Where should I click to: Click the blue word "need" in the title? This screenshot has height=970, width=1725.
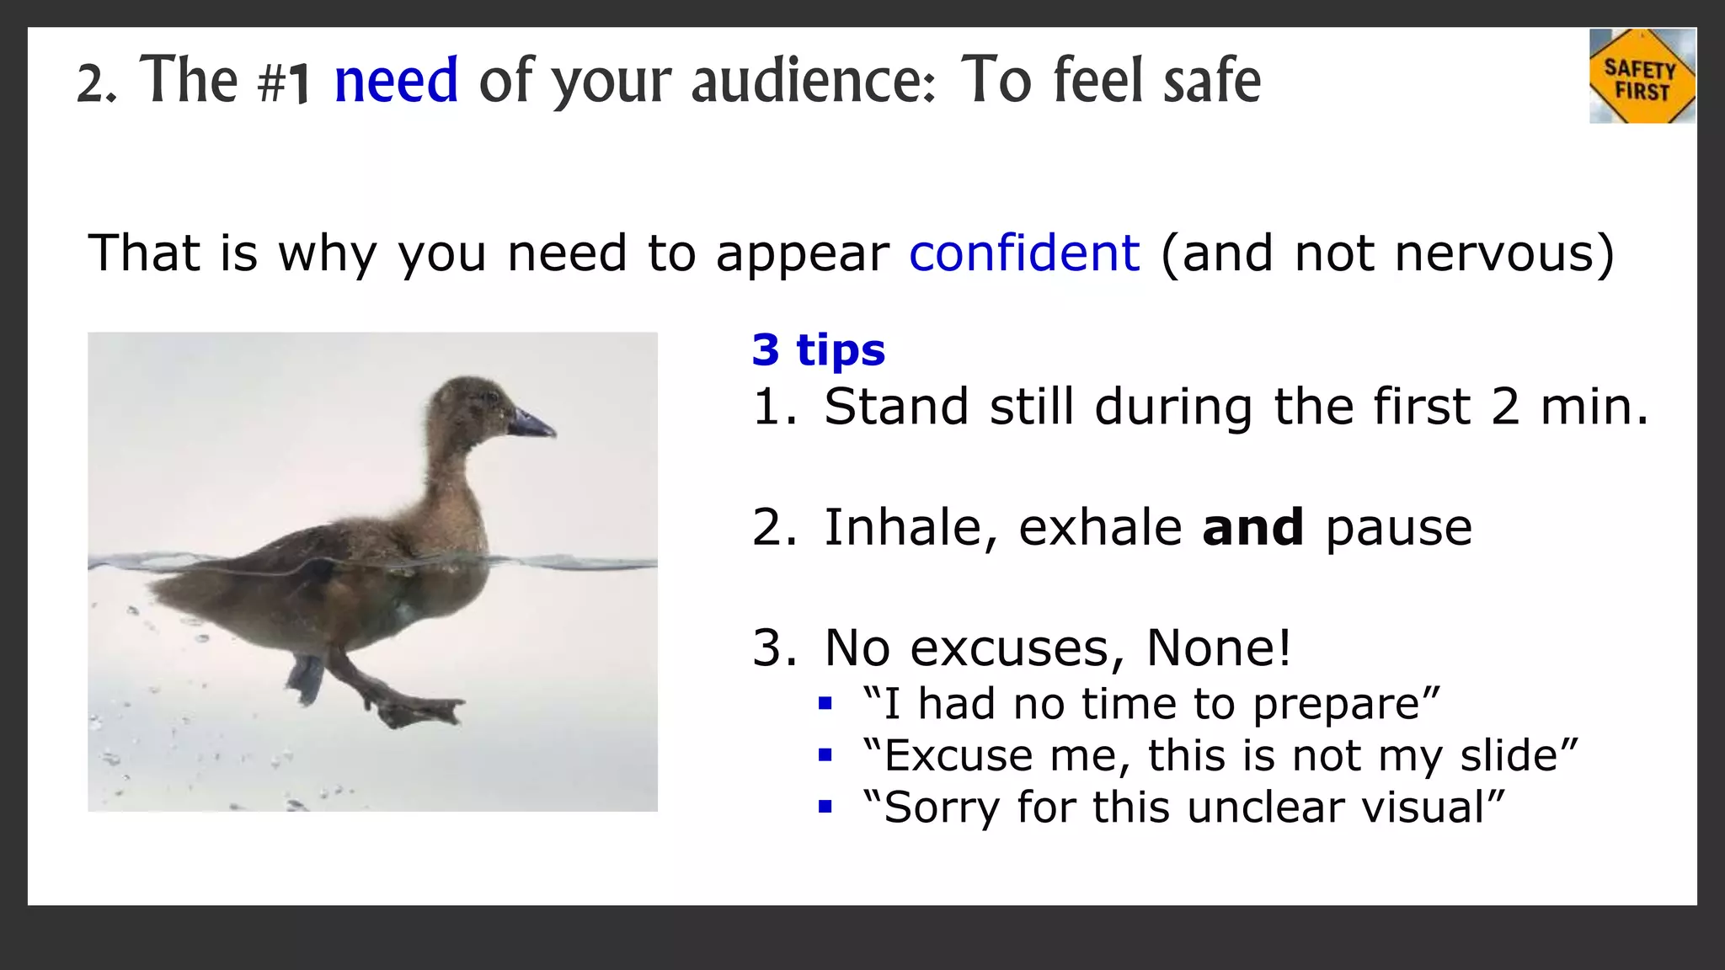396,81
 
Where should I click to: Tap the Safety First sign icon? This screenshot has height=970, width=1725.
1642,77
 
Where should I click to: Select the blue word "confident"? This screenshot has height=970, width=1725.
1024,253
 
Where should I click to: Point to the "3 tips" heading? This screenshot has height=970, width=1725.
818,349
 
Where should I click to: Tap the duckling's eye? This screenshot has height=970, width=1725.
491,397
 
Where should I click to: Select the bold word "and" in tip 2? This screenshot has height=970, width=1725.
1252,527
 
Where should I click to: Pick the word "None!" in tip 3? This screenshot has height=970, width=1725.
1218,648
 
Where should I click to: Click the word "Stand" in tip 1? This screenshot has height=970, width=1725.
895,407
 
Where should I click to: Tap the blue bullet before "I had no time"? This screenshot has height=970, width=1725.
825,703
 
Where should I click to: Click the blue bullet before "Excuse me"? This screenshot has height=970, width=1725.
825,755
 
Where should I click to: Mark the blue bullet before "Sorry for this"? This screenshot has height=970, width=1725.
825,807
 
